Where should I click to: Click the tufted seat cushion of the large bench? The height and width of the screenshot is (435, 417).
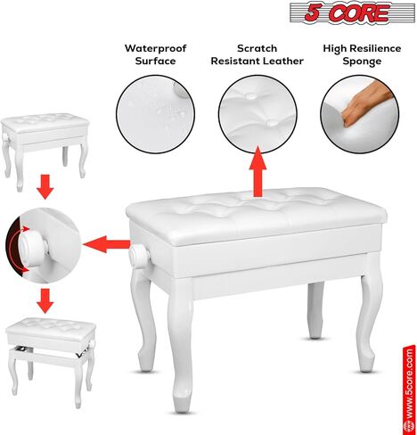click(x=258, y=210)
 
